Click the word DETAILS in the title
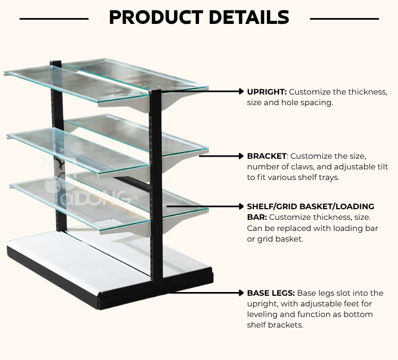(x=249, y=18)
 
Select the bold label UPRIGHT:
(x=267, y=92)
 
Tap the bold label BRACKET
(x=266, y=156)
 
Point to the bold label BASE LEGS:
(x=271, y=293)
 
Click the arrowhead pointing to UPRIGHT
(x=241, y=91)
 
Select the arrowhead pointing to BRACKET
(x=241, y=156)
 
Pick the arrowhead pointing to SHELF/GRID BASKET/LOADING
(x=241, y=207)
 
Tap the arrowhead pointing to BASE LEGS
(x=241, y=293)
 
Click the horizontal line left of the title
(x=54, y=19)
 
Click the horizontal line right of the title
(x=344, y=19)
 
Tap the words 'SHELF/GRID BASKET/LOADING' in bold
(x=310, y=207)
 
